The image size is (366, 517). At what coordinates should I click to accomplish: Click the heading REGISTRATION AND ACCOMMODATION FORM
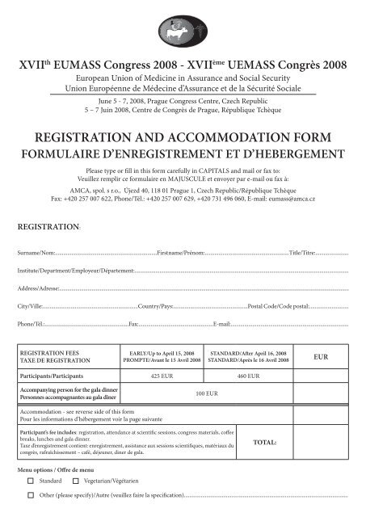[x=183, y=136]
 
